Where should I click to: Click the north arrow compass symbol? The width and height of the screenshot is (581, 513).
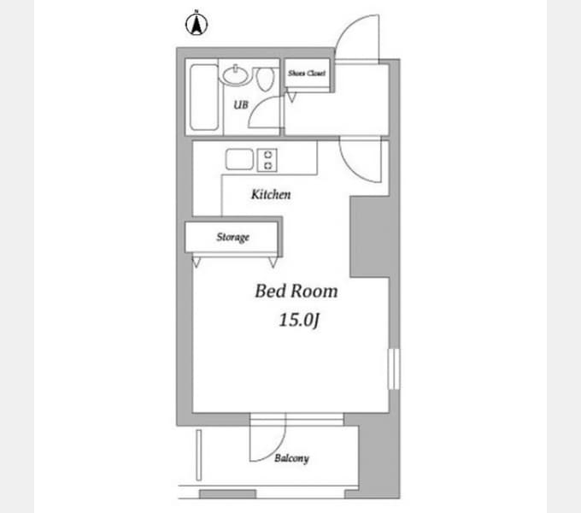pyautogui.click(x=197, y=23)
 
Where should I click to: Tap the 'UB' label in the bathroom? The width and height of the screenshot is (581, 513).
pyautogui.click(x=241, y=105)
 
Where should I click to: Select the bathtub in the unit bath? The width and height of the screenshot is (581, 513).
pyautogui.click(x=204, y=97)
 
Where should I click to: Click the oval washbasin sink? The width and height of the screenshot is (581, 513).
pyautogui.click(x=235, y=75)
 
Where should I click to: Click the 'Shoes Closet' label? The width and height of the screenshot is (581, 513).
pyautogui.click(x=307, y=73)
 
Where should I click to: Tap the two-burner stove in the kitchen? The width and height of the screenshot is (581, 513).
pyautogui.click(x=267, y=160)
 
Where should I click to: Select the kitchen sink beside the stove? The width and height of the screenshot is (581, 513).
pyautogui.click(x=240, y=159)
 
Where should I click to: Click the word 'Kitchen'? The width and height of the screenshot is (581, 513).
pyautogui.click(x=271, y=194)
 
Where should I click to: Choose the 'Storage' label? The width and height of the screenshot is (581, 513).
pyautogui.click(x=232, y=237)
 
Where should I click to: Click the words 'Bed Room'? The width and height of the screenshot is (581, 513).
pyautogui.click(x=296, y=291)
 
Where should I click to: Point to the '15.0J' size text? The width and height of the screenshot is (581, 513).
pyautogui.click(x=299, y=320)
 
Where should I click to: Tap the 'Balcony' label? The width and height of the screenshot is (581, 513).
pyautogui.click(x=291, y=458)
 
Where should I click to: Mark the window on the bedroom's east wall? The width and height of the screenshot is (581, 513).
pyautogui.click(x=394, y=369)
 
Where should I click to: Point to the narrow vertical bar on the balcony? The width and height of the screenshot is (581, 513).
pyautogui.click(x=198, y=455)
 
